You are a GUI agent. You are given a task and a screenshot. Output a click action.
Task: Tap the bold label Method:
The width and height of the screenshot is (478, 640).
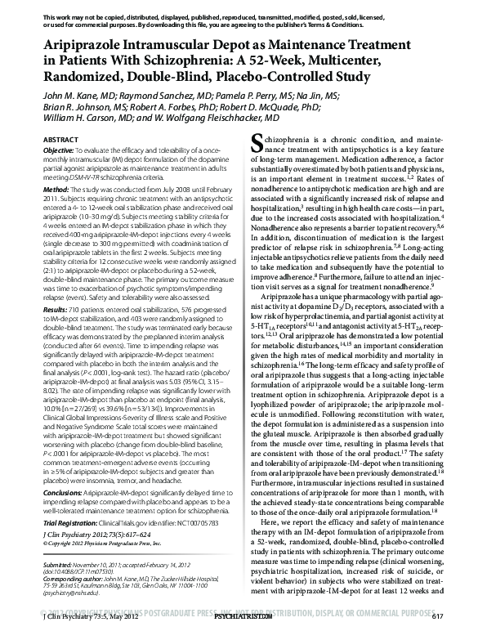(55, 212)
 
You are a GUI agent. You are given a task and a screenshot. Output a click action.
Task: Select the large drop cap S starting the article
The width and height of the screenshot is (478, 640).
(260, 145)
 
